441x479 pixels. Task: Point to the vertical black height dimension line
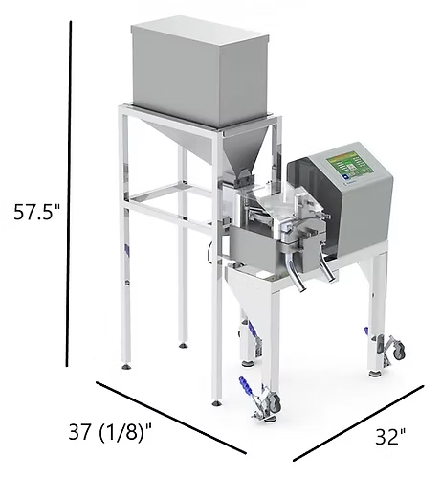click(70, 192)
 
